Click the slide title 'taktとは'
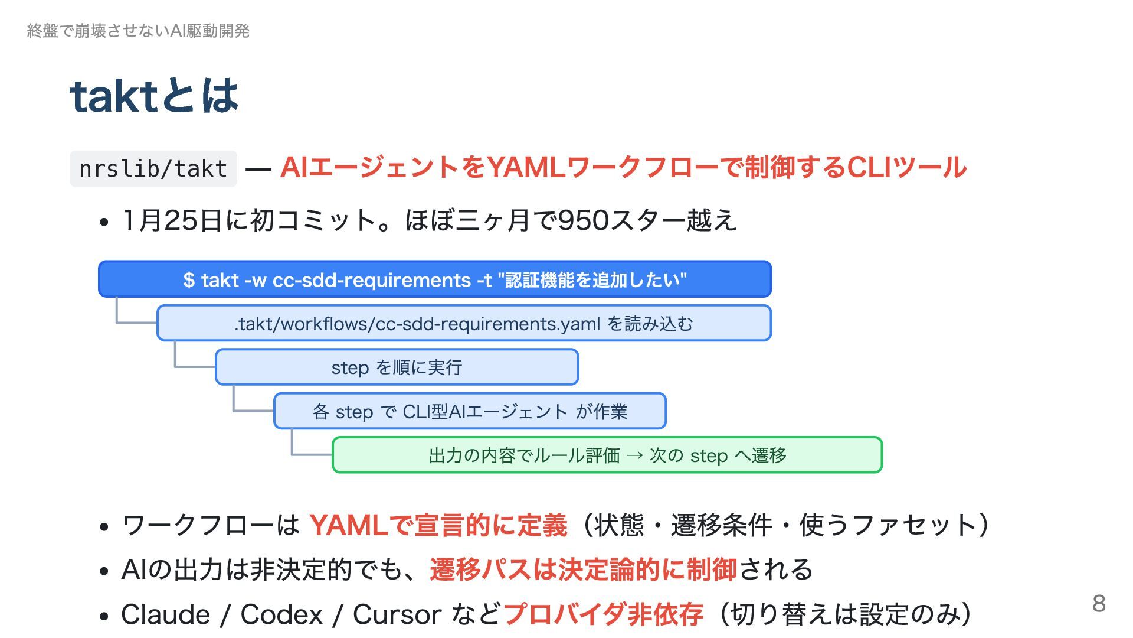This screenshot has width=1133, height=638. (x=154, y=96)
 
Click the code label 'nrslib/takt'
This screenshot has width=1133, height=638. (x=153, y=169)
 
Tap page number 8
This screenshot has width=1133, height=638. (x=1098, y=603)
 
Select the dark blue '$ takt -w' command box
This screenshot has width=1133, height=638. (x=435, y=279)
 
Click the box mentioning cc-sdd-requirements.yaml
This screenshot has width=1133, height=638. (x=464, y=323)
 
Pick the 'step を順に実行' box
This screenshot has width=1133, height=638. (x=397, y=367)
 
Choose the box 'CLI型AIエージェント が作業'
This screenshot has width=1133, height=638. (x=470, y=411)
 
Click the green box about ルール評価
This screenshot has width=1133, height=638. (x=607, y=455)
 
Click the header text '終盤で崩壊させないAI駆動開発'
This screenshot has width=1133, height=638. (x=138, y=31)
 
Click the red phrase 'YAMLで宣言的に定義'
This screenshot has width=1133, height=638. (x=438, y=525)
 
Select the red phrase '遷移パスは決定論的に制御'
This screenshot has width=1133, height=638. (x=583, y=569)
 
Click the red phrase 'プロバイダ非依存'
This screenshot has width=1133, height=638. (x=603, y=614)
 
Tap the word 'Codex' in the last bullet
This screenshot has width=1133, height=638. (x=281, y=614)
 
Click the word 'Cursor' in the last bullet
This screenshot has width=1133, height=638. (x=397, y=614)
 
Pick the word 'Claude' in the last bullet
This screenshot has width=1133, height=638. (x=165, y=614)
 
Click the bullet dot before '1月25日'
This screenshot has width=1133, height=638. (x=104, y=223)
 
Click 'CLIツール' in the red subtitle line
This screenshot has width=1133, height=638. (x=907, y=168)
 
